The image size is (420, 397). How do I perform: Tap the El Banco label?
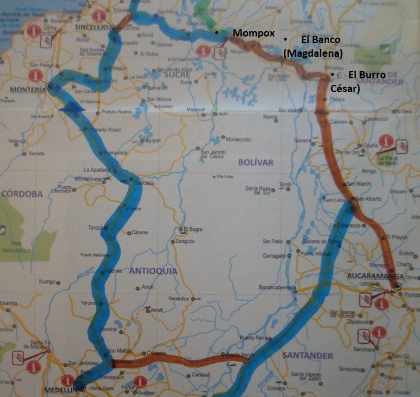(x=320, y=40)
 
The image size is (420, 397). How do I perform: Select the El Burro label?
(x=367, y=75)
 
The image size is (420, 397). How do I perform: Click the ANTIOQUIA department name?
(x=154, y=271)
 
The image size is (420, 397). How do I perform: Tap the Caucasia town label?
(x=145, y=183)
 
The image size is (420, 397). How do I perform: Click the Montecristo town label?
(x=238, y=139)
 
